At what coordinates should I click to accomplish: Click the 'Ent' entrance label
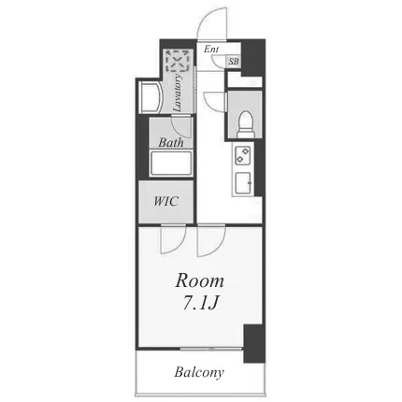point(211,49)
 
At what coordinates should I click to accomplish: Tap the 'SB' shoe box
point(234,62)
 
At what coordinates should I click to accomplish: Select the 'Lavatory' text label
point(178,93)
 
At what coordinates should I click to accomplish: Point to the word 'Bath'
point(171,143)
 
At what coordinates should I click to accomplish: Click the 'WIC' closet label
point(166,201)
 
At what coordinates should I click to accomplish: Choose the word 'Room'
point(199,281)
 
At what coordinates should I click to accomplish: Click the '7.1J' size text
point(199,302)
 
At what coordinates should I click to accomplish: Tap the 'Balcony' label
point(199,372)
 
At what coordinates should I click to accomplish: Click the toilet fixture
point(245,124)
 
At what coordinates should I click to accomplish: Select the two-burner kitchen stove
point(243,155)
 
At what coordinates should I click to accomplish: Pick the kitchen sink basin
point(243,183)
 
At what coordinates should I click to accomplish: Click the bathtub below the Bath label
point(171,164)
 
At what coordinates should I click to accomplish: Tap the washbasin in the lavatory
point(150,97)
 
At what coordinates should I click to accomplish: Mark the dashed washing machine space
point(178,60)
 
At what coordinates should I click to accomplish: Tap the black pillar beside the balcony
point(254,344)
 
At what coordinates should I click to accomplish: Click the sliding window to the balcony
point(211,349)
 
